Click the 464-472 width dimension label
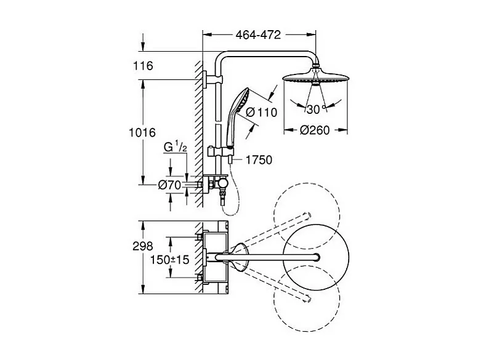point(258,36)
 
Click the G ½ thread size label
point(176,147)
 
